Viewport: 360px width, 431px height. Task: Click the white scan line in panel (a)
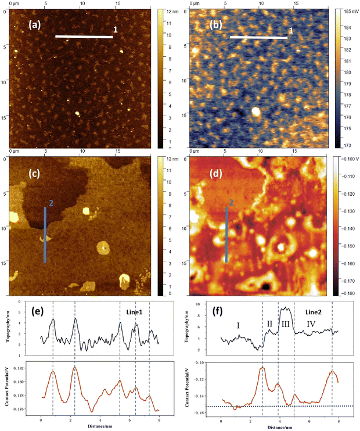click(x=84, y=37)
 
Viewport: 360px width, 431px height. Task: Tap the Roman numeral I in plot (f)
click(x=238, y=326)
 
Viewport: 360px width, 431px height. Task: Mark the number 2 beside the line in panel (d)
click(x=231, y=203)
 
